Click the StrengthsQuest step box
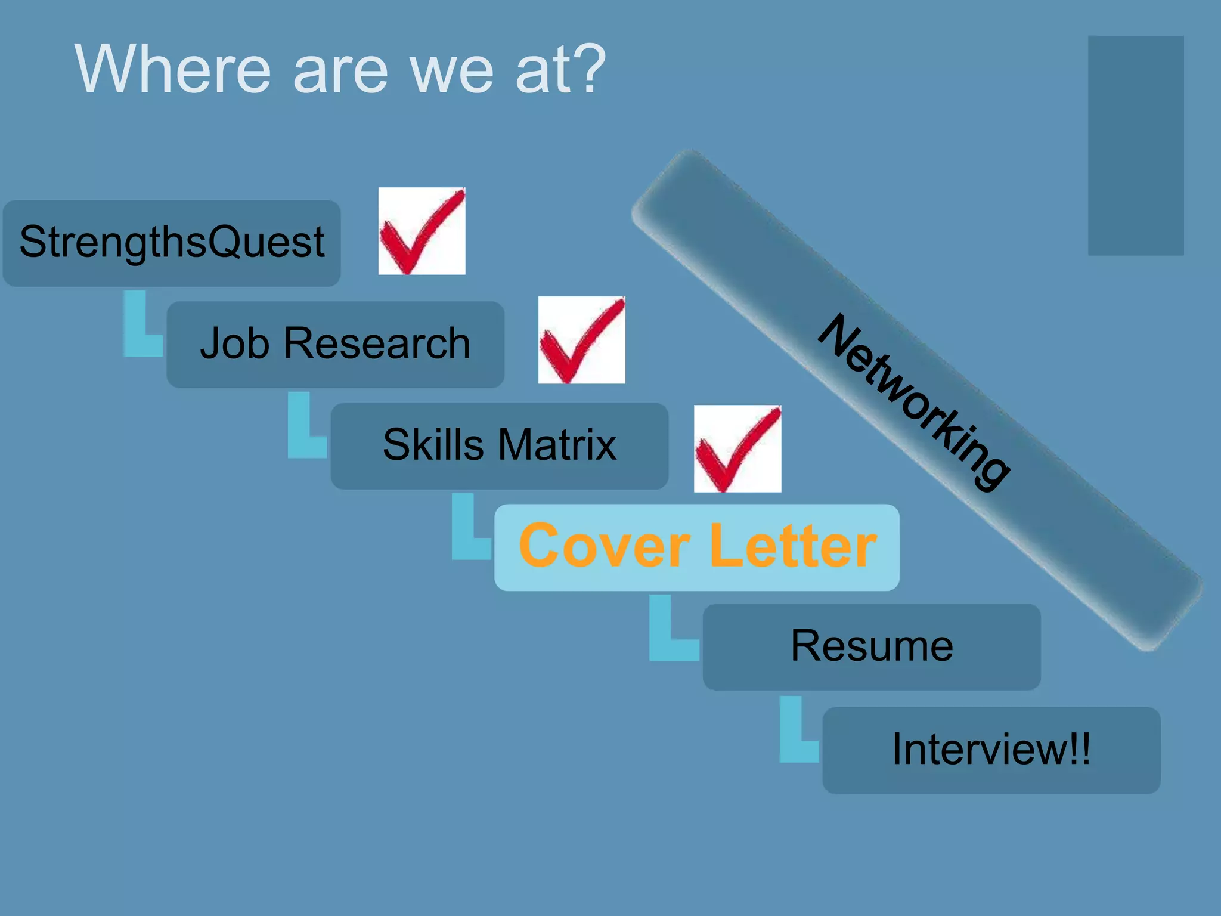(172, 243)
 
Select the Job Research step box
(335, 344)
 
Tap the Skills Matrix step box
(499, 445)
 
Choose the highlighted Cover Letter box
(696, 547)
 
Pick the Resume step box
(871, 646)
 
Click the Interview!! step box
(991, 750)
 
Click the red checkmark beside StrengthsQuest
(422, 231)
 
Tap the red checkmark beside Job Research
(581, 340)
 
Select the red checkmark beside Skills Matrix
(737, 448)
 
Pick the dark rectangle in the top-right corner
(1135, 146)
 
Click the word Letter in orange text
(793, 546)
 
